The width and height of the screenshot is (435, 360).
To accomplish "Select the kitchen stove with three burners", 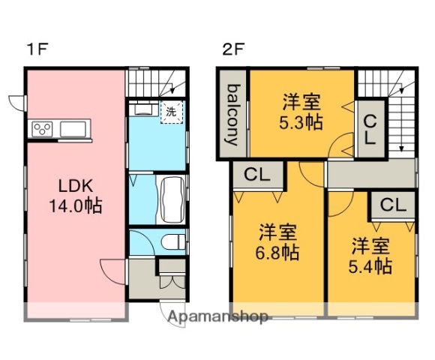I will (x=43, y=130).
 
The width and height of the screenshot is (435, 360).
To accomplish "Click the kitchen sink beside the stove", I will (x=73, y=130).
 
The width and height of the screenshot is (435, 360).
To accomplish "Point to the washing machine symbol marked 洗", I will (x=171, y=111).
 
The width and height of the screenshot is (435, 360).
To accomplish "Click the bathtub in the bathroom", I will (x=171, y=199).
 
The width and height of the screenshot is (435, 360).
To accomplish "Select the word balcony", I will (x=232, y=114).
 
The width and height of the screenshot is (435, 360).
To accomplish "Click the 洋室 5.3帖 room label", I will (x=302, y=111).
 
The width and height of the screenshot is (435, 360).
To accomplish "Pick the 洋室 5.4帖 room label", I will (x=371, y=255).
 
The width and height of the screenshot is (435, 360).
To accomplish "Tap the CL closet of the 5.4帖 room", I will (x=392, y=204).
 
